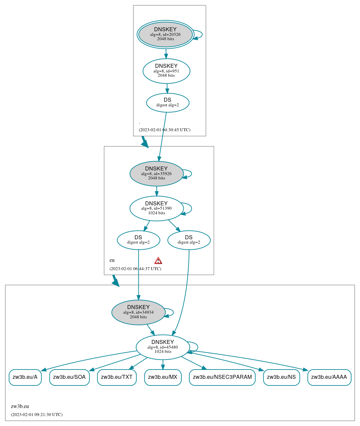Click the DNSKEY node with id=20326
[165, 35]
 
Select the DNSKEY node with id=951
[166, 71]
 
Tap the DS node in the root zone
[168, 103]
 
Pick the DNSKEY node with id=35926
[156, 173]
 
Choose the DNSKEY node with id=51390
[156, 208]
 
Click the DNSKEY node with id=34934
[138, 312]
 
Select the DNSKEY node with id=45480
[163, 347]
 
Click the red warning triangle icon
[158, 261]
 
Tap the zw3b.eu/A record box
[25, 377]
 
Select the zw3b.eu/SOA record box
[69, 377]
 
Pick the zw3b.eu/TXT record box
[117, 377]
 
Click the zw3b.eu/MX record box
[163, 377]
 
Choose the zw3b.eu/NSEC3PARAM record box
[222, 377]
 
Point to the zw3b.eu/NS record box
[281, 377]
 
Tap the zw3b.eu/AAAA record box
[329, 377]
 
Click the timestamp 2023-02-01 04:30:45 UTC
[164, 130]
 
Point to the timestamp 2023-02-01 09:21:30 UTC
[37, 415]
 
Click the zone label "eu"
[112, 260]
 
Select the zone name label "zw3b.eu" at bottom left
[20, 406]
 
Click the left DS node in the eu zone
[138, 240]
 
